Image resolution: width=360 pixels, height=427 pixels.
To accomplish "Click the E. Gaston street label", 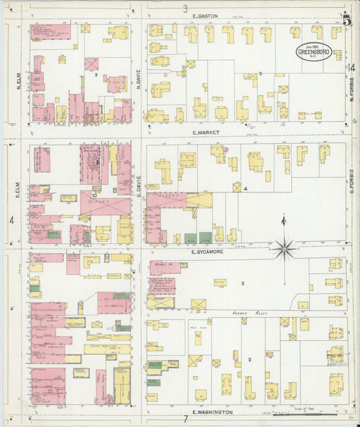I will (x=203, y=16).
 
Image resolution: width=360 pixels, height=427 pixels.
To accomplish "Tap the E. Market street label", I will (x=206, y=133).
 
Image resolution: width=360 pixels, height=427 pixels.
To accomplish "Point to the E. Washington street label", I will (x=212, y=411).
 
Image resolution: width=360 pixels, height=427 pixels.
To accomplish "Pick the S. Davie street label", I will (x=138, y=187).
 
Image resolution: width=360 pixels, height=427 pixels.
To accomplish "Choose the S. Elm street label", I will (x=19, y=187).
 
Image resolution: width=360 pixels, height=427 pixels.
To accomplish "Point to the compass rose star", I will (x=285, y=248).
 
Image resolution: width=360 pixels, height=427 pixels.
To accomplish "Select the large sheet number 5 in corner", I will (x=346, y=20).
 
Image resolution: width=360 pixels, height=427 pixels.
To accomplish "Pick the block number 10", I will (x=95, y=195).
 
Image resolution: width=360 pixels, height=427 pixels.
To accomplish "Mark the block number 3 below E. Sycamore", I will (x=242, y=283).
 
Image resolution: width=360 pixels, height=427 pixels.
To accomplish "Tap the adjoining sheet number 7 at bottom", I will (x=185, y=420).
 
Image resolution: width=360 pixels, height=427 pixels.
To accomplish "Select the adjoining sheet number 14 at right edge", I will (x=352, y=67).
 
